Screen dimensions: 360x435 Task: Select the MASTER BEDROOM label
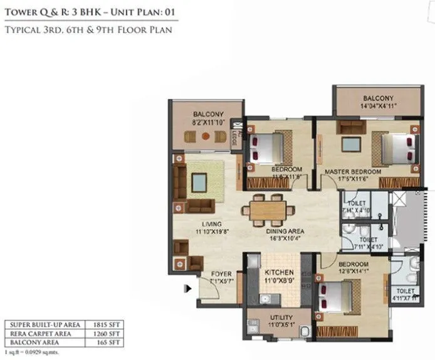[x=352, y=171]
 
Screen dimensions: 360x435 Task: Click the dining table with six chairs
[x=268, y=208]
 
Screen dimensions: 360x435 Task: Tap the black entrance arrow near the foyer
[x=187, y=289]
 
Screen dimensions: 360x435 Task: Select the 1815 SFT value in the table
[x=110, y=324]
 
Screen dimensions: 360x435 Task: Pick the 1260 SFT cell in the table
[x=110, y=334]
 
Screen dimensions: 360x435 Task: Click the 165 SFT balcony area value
[x=112, y=344]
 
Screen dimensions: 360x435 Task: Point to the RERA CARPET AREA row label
[x=43, y=334]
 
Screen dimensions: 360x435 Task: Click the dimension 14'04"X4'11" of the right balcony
[x=377, y=106]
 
